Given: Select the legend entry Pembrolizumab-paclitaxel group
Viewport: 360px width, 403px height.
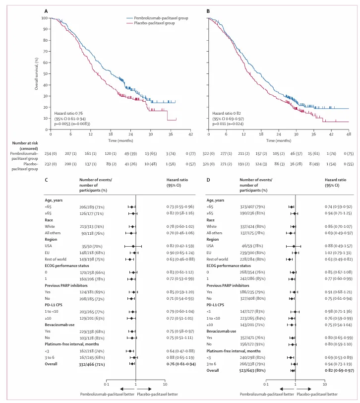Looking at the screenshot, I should click(x=154, y=18).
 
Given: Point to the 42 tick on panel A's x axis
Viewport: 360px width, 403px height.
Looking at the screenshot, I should click(x=190, y=134).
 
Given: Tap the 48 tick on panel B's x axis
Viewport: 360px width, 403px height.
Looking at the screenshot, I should click(x=349, y=134).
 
